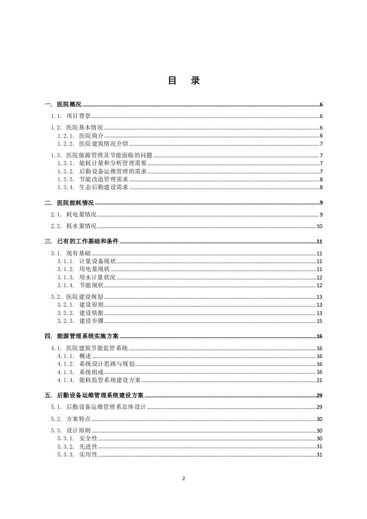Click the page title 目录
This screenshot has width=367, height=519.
click(x=184, y=80)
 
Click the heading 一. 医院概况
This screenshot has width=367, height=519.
click(x=63, y=105)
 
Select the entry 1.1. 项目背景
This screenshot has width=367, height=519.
click(x=71, y=116)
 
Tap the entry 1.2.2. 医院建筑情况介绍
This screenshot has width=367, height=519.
click(x=93, y=144)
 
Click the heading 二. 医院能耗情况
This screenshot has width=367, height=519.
click(x=69, y=203)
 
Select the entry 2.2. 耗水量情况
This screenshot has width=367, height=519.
click(x=74, y=226)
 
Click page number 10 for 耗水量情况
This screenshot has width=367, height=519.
click(x=319, y=226)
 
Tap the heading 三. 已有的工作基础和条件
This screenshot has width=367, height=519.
click(x=81, y=241)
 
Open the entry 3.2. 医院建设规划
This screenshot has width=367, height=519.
click(x=77, y=297)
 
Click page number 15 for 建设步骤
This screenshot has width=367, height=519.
click(x=319, y=321)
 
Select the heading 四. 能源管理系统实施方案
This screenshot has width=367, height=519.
click(x=81, y=336)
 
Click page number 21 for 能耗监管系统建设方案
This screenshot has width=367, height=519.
click(x=319, y=380)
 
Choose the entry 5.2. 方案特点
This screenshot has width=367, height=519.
click(x=71, y=419)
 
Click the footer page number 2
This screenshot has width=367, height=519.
click(x=184, y=478)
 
